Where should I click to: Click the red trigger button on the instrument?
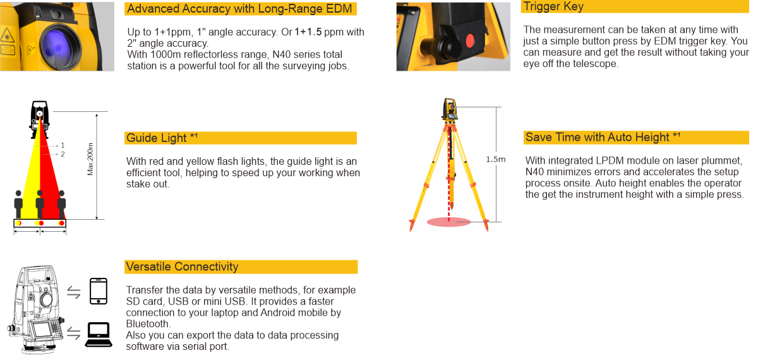point(470,40)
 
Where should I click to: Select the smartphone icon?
point(99,291)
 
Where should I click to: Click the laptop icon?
point(99,335)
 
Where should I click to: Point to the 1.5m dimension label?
point(495,159)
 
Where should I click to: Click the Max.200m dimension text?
point(90,159)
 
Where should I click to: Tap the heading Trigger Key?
point(553,6)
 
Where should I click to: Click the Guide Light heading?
point(162,138)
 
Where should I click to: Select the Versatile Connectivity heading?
point(182,267)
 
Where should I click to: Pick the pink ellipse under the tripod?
point(448,222)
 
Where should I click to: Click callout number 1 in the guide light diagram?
point(63,145)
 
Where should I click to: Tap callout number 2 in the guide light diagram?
point(63,154)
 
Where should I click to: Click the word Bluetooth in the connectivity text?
point(148,324)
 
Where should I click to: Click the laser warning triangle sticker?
point(7,35)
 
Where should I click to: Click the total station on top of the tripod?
point(450,109)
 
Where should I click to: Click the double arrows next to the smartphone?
point(74,292)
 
